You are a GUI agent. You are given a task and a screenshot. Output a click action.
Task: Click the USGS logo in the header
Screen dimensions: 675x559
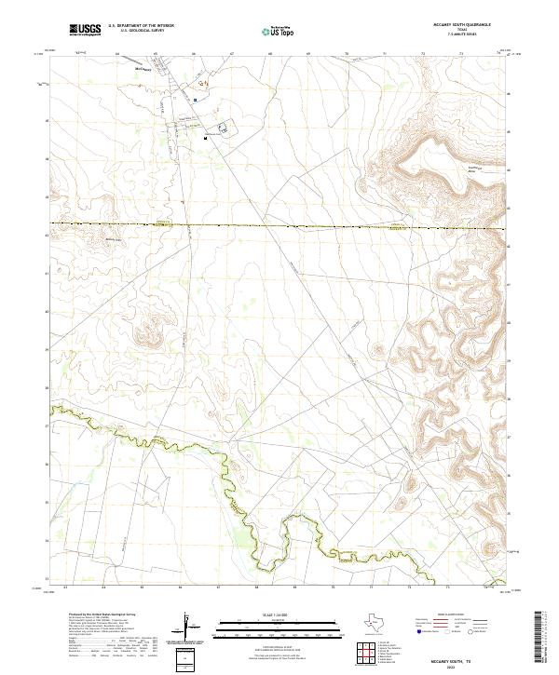85,30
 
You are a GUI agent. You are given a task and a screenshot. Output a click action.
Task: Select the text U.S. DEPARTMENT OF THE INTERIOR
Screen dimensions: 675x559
141,26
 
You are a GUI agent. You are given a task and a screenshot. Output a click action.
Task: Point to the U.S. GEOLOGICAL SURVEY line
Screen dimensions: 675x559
136,31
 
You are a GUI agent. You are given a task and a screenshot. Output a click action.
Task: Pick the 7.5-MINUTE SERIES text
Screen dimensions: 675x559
462,36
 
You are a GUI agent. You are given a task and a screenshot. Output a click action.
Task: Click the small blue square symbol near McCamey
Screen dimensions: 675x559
196,99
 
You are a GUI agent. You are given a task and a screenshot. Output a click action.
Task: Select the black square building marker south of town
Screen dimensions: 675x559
205,138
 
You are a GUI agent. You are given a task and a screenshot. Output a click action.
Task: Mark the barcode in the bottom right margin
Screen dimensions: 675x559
538,641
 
